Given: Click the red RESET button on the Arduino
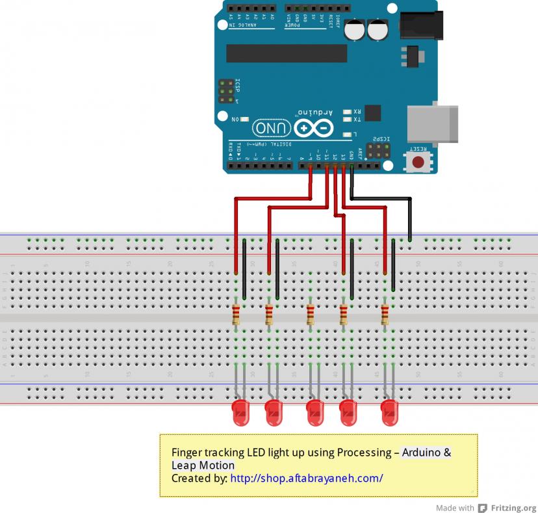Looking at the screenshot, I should tap(418, 161).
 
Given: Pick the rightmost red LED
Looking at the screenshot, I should tap(389, 412).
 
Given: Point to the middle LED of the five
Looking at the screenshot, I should tap(315, 412).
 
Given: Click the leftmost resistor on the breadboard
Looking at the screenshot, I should tap(236, 315).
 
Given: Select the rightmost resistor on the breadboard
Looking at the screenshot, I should tap(385, 315).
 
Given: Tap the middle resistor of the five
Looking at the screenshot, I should tap(311, 315).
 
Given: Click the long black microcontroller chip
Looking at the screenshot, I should tap(287, 53).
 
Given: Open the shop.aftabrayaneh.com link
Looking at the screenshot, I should tap(307, 479).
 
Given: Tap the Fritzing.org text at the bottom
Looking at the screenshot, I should tap(513, 508).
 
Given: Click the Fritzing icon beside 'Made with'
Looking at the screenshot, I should tap(483, 508).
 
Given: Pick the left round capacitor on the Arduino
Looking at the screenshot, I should tap(355, 30).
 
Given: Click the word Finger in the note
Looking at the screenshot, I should tap(186, 453).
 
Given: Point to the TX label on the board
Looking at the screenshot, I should tap(356, 120).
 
